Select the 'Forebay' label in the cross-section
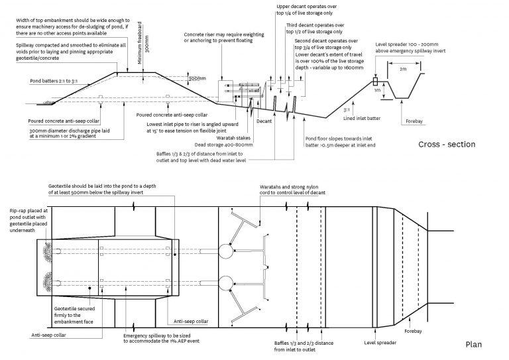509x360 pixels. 412,121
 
